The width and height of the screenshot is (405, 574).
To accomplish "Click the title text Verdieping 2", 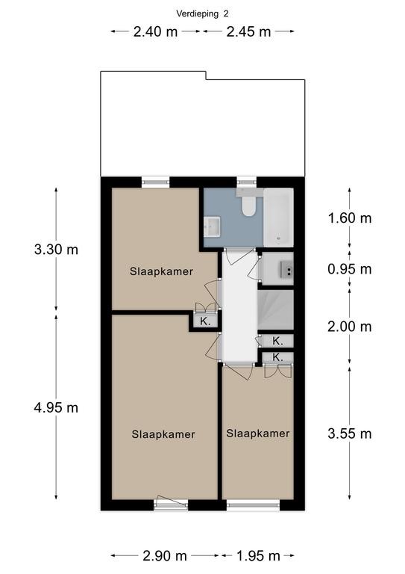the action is (x=202, y=14).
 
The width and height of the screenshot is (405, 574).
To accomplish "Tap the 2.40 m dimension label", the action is (x=155, y=32).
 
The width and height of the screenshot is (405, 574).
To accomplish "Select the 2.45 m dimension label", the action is (x=248, y=32).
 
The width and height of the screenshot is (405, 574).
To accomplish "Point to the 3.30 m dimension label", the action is (x=56, y=250).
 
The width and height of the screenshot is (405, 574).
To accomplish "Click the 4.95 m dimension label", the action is (x=56, y=407).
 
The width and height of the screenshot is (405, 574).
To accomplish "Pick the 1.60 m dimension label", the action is (x=350, y=218).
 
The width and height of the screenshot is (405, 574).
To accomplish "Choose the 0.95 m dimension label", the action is (x=350, y=269).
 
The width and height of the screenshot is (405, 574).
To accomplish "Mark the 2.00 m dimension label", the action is (x=350, y=327).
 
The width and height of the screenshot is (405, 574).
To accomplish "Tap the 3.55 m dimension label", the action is (x=350, y=433).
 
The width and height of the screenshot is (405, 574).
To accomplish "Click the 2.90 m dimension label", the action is (x=165, y=556).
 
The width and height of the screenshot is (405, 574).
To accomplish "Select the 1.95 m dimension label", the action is (x=258, y=556).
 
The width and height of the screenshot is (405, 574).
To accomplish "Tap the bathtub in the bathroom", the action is (x=278, y=217).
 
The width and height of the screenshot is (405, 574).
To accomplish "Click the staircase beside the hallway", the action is (x=276, y=309).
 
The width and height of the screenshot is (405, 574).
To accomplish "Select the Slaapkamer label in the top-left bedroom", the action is (x=161, y=271).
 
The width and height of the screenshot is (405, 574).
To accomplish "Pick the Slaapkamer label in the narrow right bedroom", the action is (x=258, y=433).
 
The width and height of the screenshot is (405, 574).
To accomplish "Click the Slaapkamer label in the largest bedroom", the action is (x=163, y=434).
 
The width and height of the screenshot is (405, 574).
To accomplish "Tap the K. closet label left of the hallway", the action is (x=205, y=322).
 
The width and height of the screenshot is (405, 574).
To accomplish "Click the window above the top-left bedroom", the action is (x=156, y=182).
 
